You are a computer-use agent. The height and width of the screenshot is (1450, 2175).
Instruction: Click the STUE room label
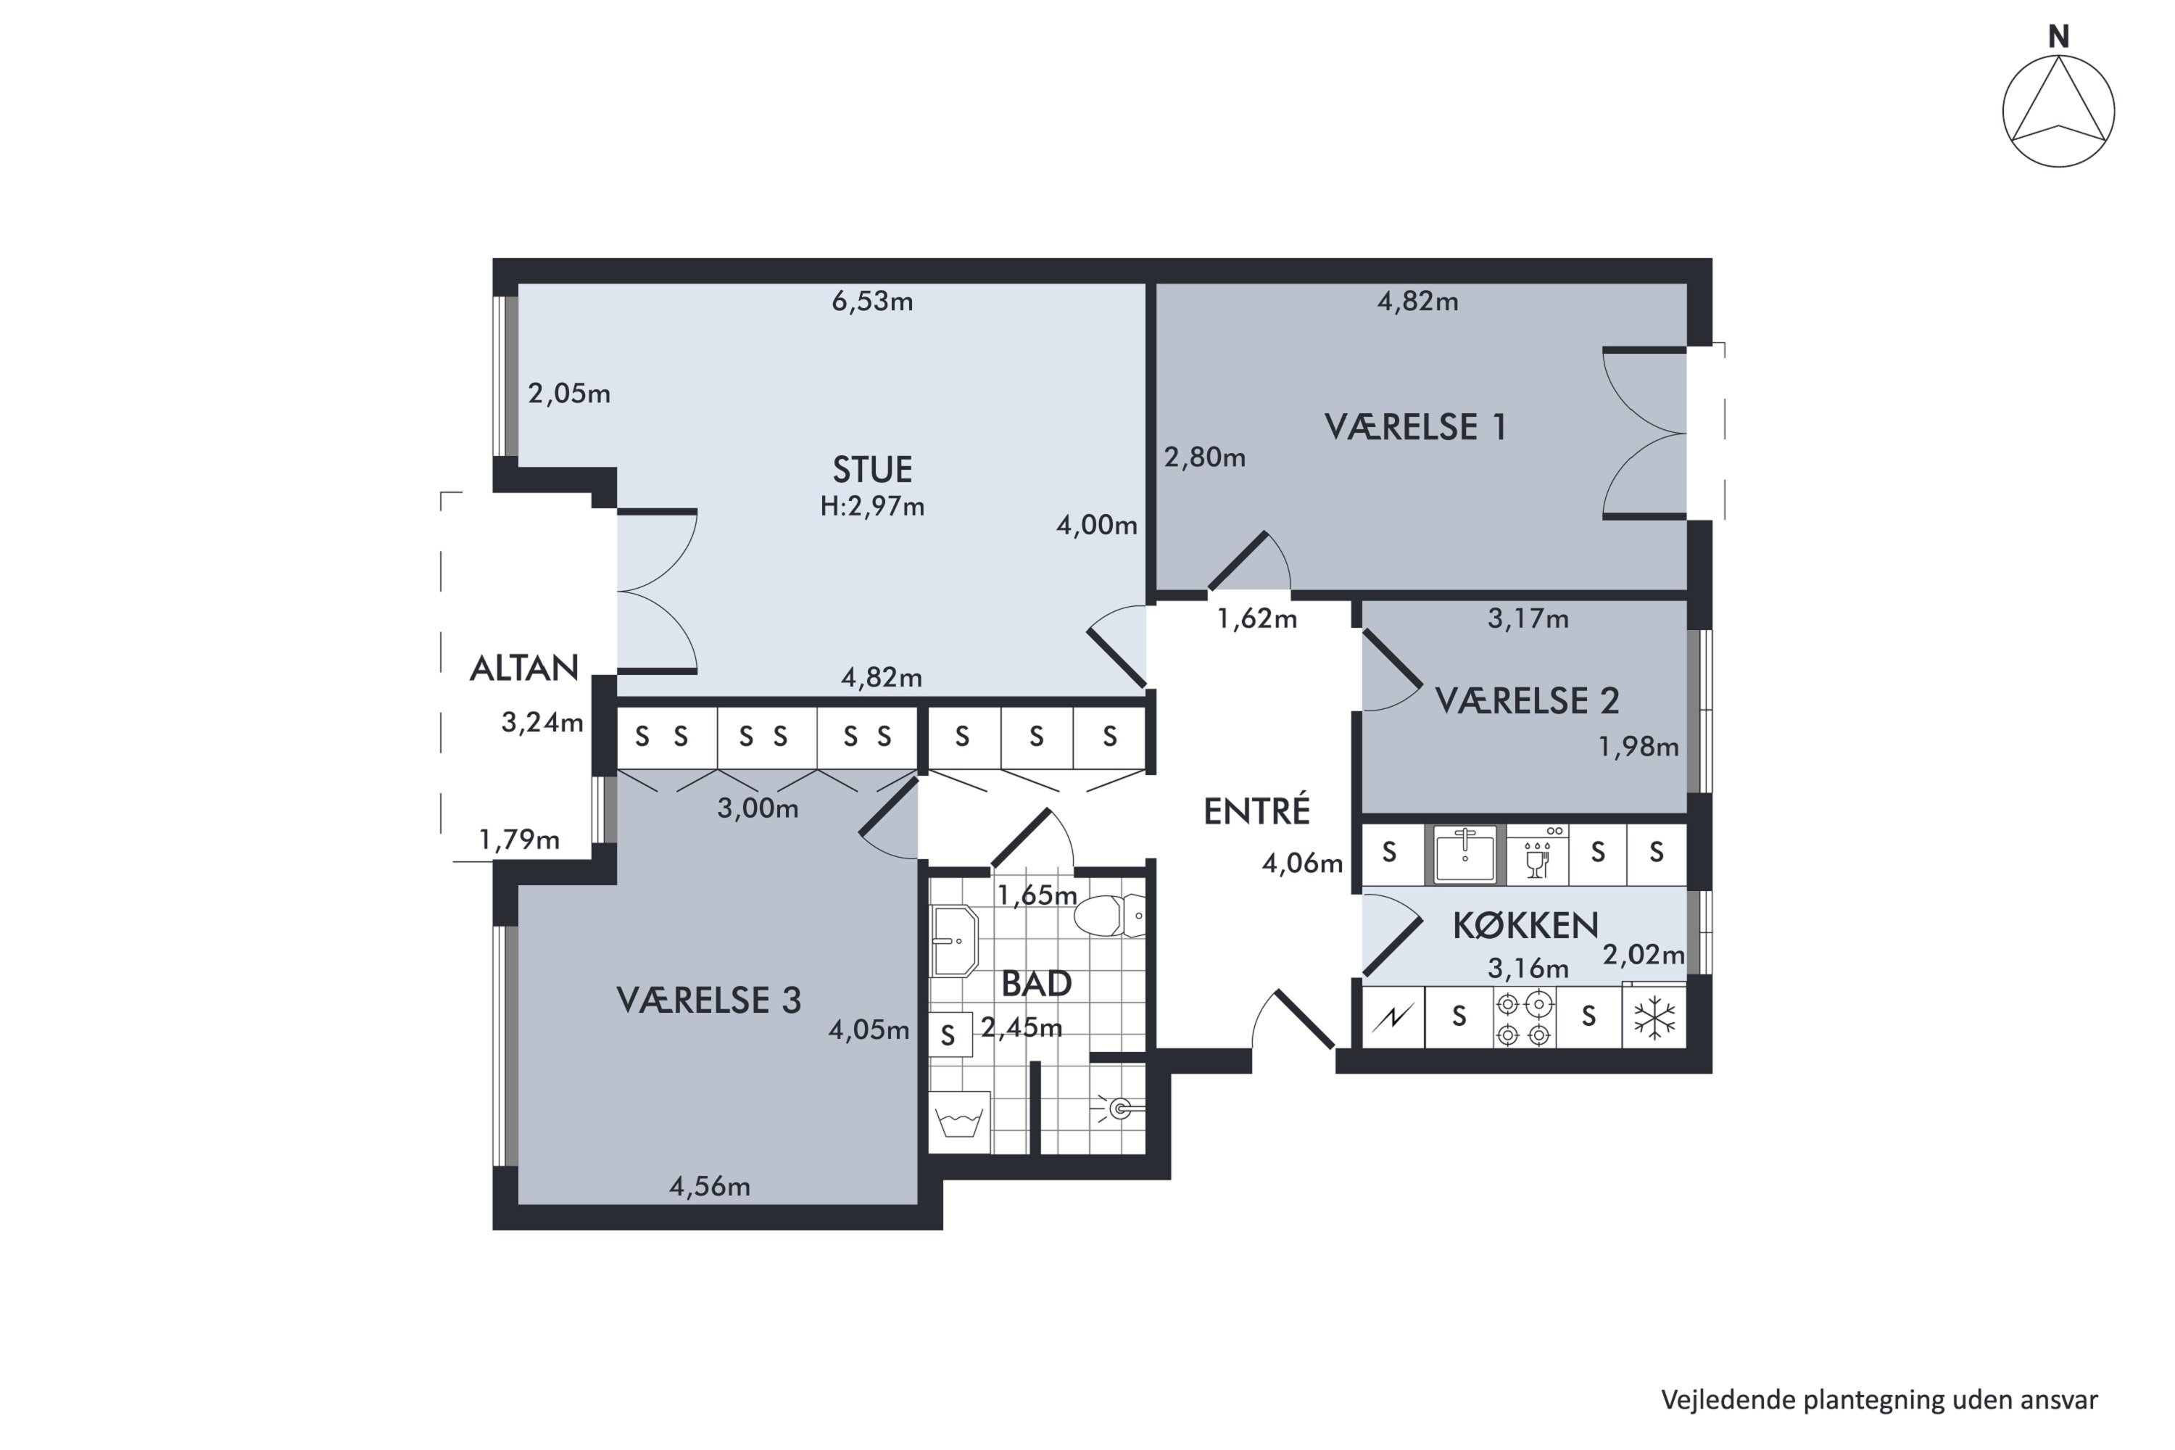click(x=872, y=470)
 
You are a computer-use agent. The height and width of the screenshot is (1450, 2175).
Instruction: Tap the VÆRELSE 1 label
click(x=1415, y=427)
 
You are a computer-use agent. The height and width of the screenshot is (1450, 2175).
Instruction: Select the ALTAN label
click(x=523, y=668)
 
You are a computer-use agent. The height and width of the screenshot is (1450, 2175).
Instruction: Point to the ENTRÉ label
click(x=1256, y=811)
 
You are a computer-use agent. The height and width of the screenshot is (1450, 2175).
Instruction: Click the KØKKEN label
click(x=1525, y=926)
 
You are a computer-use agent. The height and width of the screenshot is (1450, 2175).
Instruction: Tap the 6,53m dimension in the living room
click(x=872, y=302)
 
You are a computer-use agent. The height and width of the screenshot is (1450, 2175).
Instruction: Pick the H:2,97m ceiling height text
click(x=872, y=507)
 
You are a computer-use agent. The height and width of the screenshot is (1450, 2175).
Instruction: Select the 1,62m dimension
click(x=1256, y=618)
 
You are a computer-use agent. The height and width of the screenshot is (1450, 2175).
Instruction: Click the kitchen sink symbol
click(x=1464, y=855)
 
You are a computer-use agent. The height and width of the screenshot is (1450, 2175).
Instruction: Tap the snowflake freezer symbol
click(x=1654, y=1017)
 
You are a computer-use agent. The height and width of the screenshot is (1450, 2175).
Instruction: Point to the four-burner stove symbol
click(x=1523, y=1018)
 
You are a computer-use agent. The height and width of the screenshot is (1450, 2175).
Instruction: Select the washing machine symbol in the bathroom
click(x=960, y=1122)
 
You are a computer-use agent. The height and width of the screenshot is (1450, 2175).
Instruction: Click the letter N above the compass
click(x=2058, y=37)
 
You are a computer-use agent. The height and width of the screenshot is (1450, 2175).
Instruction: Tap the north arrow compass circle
click(x=2058, y=111)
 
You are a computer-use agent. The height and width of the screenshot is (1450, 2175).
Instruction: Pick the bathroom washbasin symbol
click(x=954, y=941)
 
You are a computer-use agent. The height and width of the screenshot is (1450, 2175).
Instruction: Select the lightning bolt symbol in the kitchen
click(x=1392, y=1018)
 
